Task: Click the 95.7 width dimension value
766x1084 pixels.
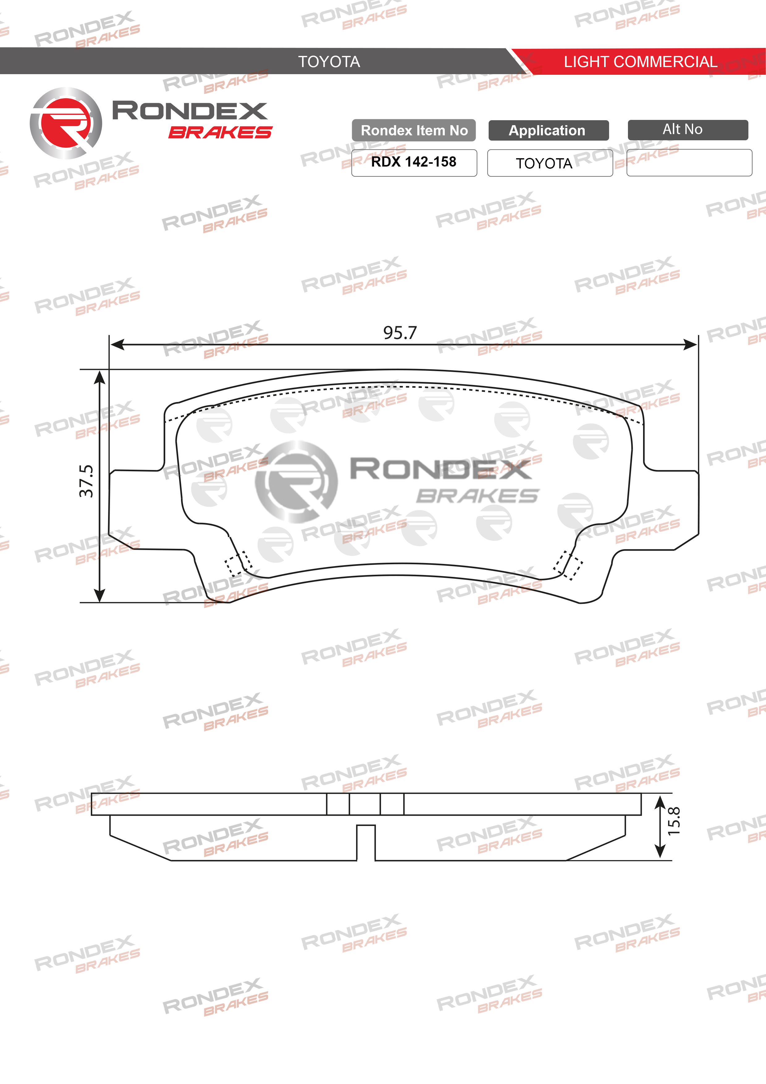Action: (400, 333)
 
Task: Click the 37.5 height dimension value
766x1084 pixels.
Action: (86, 481)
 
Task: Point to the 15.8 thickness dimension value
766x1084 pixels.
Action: (674, 822)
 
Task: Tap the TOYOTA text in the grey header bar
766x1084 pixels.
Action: (329, 62)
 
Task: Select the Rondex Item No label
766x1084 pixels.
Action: (414, 130)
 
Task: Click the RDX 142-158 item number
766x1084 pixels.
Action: (414, 162)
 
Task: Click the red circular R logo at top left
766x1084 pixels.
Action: (66, 123)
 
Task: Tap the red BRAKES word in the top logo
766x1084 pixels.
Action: (220, 133)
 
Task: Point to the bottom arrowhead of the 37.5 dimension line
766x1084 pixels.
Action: (99, 596)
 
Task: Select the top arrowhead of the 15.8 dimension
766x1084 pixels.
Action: (660, 801)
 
